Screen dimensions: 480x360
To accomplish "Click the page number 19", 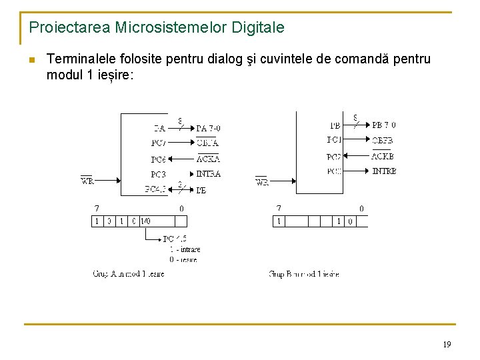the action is pyautogui.click(x=447, y=345).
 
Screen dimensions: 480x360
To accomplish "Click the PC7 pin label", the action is pyautogui.click(x=159, y=143).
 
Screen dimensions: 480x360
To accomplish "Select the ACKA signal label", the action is pyautogui.click(x=208, y=159).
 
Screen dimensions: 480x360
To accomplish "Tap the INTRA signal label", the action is pyautogui.click(x=208, y=174).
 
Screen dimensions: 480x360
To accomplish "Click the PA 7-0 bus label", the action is pyautogui.click(x=208, y=128).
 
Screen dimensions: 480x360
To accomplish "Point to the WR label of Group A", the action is pyautogui.click(x=87, y=181).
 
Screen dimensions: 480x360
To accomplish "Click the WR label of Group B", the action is pyautogui.click(x=262, y=182).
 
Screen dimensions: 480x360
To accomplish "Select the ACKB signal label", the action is pyautogui.click(x=383, y=156).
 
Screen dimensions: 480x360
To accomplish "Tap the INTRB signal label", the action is pyautogui.click(x=384, y=171).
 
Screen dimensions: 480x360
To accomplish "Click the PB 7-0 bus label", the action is pyautogui.click(x=384, y=125).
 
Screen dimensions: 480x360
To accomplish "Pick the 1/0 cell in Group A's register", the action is pyautogui.click(x=145, y=221).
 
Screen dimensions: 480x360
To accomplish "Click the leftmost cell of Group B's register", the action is pyautogui.click(x=279, y=221).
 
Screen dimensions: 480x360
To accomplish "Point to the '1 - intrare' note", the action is pyautogui.click(x=185, y=249).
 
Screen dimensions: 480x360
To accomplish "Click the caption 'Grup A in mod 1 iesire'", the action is pyautogui.click(x=128, y=274).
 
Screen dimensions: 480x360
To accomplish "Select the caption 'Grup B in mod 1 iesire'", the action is pyautogui.click(x=304, y=274).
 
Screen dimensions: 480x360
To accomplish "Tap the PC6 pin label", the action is pyautogui.click(x=159, y=159).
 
